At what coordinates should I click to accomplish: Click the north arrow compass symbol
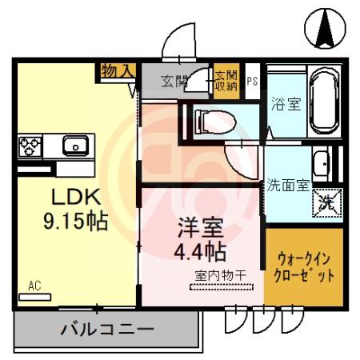tap(325, 28)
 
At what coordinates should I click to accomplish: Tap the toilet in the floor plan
tap(215, 122)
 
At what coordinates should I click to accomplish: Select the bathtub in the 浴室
tap(325, 101)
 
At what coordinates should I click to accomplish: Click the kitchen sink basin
tap(75, 146)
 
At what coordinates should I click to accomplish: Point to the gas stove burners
tap(30, 146)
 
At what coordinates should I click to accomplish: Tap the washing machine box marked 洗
tap(327, 203)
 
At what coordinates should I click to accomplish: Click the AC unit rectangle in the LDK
tap(34, 297)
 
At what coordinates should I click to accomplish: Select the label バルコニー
tap(107, 329)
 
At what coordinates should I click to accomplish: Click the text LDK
tap(76, 197)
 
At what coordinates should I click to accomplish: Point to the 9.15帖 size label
tap(76, 222)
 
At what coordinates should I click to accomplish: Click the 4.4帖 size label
tap(200, 252)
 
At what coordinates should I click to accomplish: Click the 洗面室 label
tap(288, 185)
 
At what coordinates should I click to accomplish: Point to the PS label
tap(252, 81)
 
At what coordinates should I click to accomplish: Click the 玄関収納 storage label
tap(226, 81)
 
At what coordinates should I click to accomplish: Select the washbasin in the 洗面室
tap(321, 164)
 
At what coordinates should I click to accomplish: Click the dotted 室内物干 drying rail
tap(221, 287)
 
